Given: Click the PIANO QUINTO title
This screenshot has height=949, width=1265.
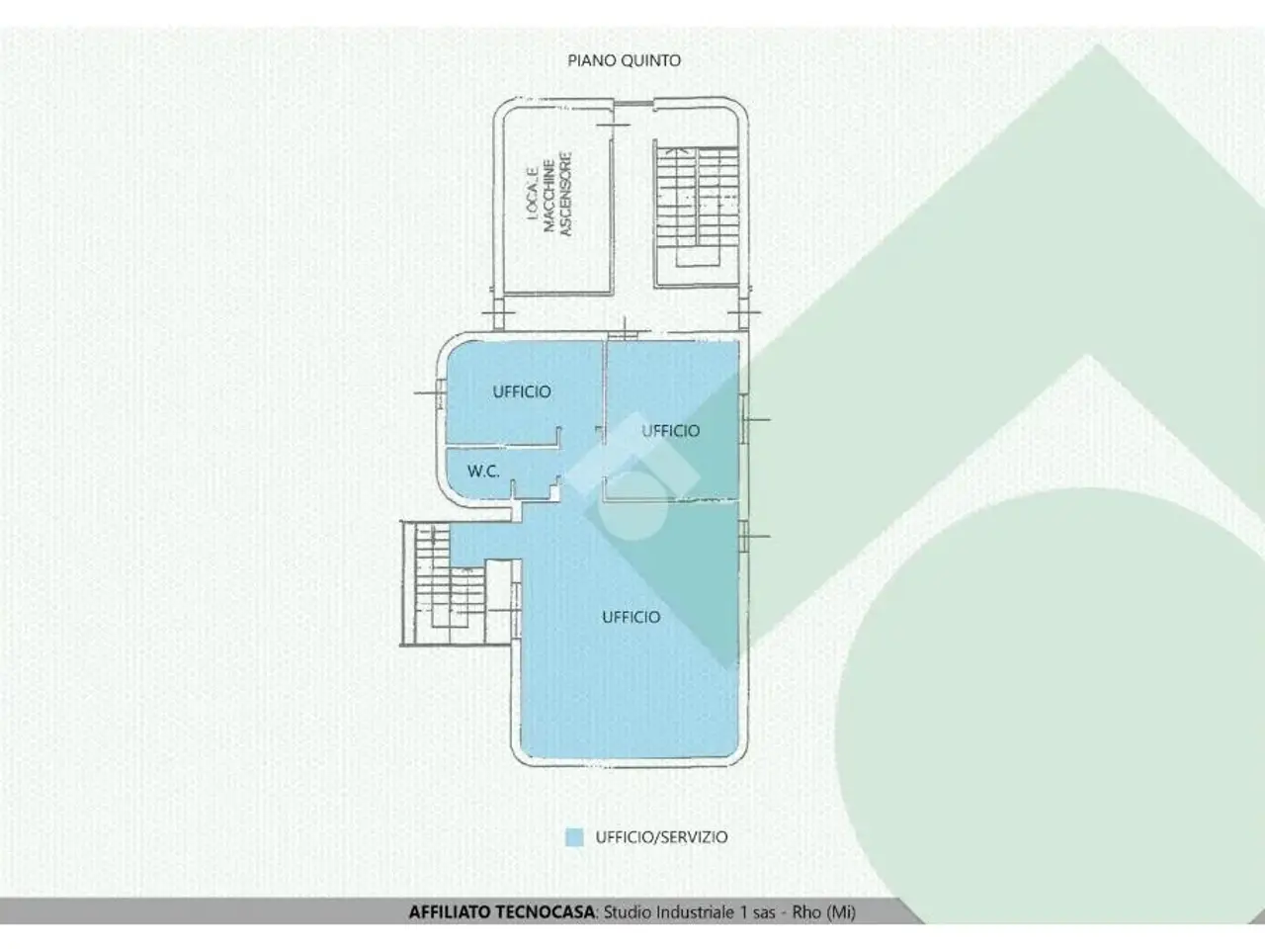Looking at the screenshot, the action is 625,60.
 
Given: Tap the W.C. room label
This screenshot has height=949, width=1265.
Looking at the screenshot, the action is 483,471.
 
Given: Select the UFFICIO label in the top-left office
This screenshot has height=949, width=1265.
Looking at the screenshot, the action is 522,391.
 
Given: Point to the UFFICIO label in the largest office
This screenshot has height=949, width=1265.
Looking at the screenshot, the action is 632,617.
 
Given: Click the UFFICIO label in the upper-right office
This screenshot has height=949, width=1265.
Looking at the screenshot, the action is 670,430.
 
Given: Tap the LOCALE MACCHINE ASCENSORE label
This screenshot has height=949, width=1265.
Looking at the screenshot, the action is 549,194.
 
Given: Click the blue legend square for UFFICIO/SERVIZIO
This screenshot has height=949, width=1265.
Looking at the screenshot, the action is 574,836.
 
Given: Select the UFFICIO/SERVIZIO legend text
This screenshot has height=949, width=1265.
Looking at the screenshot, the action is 661,836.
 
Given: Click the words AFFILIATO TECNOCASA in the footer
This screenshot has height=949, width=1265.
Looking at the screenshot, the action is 501,912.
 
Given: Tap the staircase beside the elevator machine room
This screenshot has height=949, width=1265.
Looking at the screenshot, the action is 697,214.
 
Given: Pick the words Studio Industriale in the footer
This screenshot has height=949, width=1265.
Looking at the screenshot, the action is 668,912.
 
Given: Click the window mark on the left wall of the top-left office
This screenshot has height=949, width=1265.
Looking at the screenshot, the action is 439,393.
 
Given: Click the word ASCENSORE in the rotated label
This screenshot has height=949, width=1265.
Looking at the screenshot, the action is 566,194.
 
